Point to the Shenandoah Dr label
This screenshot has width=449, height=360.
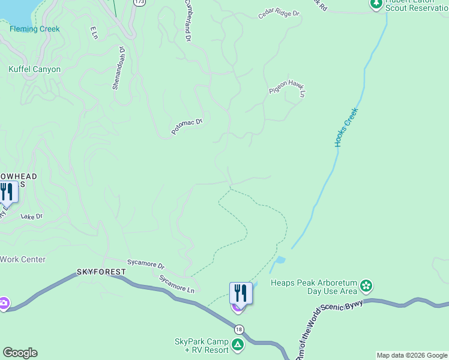(118, 68)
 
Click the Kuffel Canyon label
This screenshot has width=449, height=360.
(34, 70)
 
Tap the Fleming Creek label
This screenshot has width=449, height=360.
(34, 29)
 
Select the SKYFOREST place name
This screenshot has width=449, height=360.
(101, 272)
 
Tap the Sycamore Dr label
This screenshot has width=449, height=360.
(145, 263)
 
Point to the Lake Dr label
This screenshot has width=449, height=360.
(32, 216)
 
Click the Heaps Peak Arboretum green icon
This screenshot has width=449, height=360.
(366, 286)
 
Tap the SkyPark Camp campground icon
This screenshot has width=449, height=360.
(238, 345)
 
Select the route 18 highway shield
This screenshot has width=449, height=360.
(240, 329)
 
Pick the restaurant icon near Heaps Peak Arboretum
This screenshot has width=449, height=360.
(241, 293)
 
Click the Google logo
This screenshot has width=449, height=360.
(20, 353)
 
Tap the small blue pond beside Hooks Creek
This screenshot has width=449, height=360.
(278, 263)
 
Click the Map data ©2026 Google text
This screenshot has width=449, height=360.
(411, 355)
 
